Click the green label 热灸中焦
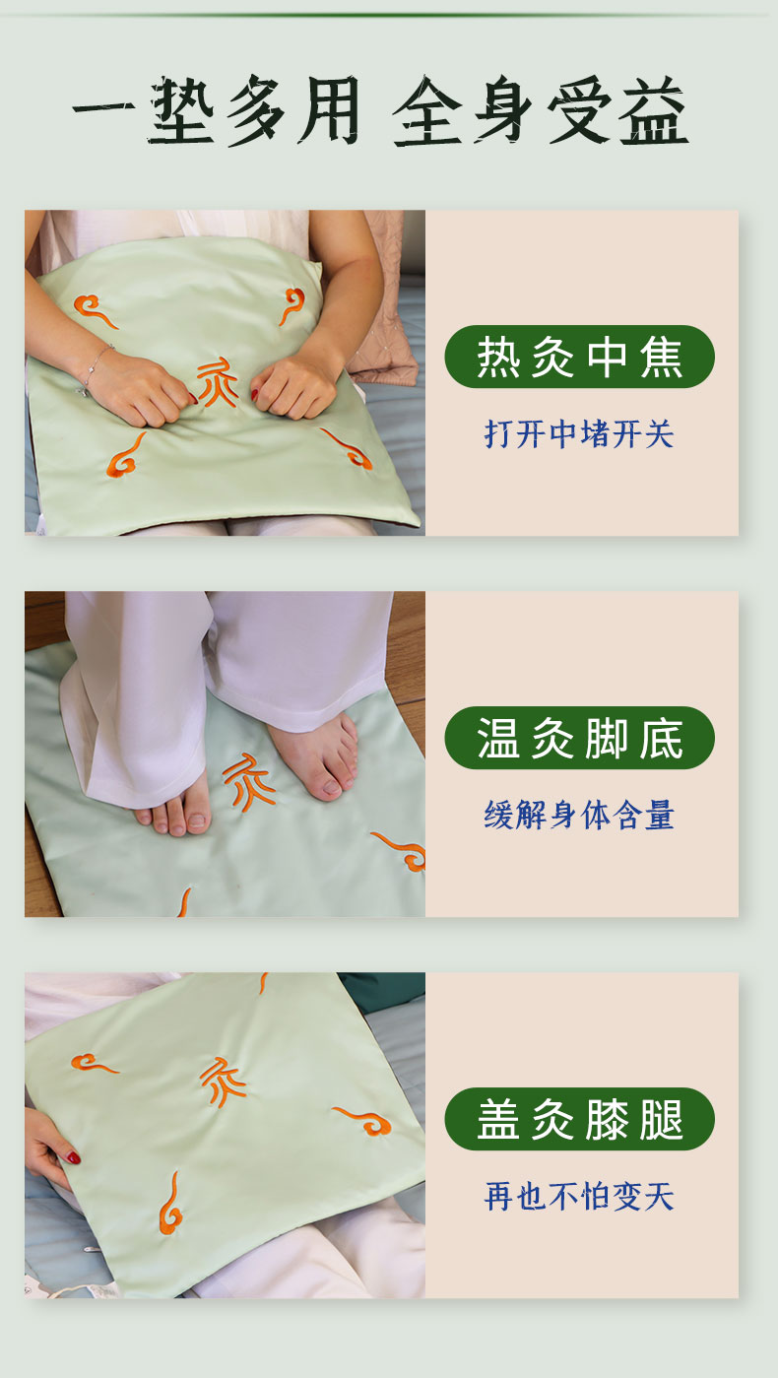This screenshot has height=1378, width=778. [x=579, y=357]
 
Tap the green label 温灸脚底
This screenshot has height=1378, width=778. [x=579, y=738]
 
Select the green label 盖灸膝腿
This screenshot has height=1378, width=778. [x=579, y=1120]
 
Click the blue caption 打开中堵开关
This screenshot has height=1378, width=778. [x=579, y=434]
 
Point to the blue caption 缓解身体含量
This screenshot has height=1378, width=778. [x=579, y=816]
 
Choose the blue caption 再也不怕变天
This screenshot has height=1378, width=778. [x=579, y=1197]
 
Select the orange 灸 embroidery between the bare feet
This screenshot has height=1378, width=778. [x=247, y=782]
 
